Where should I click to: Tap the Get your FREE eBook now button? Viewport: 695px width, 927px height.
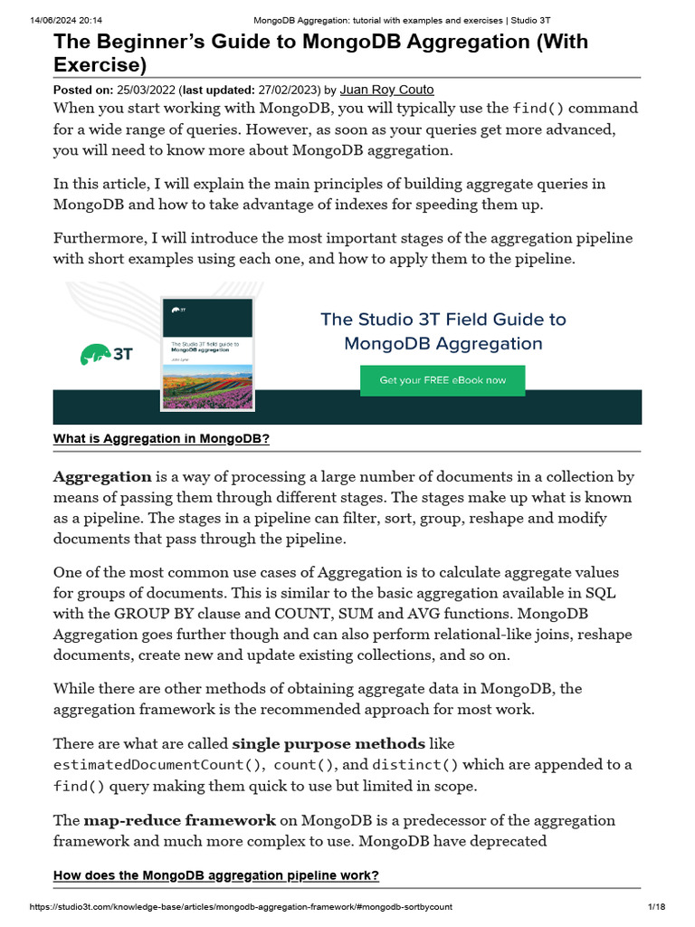(x=443, y=380)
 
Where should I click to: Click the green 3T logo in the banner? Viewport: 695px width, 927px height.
(x=107, y=354)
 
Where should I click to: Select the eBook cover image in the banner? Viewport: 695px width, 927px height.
(x=206, y=354)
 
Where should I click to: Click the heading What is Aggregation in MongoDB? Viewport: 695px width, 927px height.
(x=162, y=439)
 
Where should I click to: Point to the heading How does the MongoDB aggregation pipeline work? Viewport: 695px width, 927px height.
(x=216, y=875)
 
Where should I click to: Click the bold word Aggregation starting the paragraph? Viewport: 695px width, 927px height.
(x=102, y=476)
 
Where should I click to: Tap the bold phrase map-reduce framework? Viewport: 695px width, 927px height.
(x=179, y=820)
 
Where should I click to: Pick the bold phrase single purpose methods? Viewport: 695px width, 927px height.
(x=328, y=744)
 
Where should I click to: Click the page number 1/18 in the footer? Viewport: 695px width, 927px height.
(x=656, y=906)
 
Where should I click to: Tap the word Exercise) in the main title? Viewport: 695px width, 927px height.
(x=100, y=64)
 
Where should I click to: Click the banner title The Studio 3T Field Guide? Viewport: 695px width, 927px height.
(x=443, y=320)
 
